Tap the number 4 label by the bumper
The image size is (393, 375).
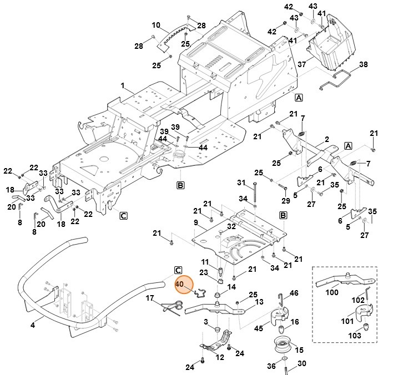[33, 325]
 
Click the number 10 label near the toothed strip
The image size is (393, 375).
[156, 26]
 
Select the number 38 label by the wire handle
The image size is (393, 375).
[379, 65]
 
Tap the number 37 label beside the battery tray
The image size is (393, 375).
[301, 65]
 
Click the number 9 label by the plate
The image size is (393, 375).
[195, 223]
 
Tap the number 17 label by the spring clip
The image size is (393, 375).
[149, 298]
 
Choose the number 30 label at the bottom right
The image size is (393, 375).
[302, 364]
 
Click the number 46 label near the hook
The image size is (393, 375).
[294, 293]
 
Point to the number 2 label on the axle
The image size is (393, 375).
[327, 139]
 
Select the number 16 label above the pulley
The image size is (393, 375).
[295, 322]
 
